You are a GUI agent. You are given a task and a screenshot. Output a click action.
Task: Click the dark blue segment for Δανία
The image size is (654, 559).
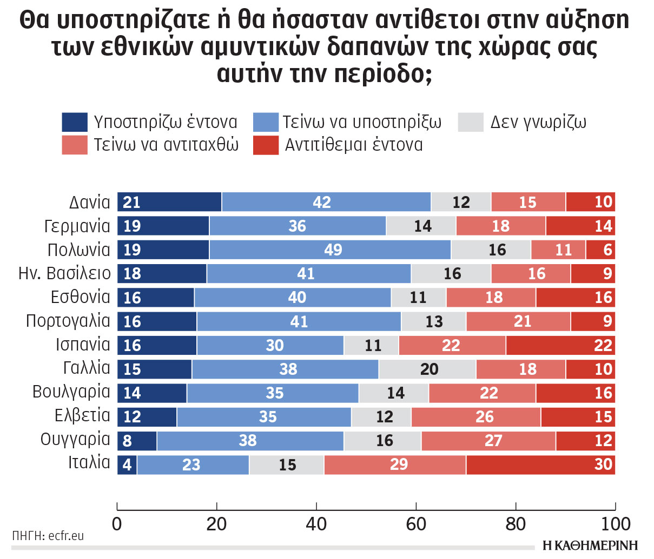click(x=169, y=202)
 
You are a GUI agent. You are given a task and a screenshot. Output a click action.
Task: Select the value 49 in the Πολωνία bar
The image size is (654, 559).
click(x=333, y=250)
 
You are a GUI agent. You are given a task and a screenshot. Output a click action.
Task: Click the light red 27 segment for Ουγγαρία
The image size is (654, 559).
click(x=488, y=441)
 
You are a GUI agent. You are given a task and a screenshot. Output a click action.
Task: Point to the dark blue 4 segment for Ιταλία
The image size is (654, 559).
click(x=127, y=464)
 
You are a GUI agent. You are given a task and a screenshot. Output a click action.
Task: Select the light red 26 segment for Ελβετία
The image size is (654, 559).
click(x=476, y=417)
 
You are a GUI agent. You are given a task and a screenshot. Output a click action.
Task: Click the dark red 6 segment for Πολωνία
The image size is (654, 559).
click(x=600, y=250)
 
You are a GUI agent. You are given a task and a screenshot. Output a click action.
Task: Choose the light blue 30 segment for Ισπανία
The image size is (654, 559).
click(x=270, y=345)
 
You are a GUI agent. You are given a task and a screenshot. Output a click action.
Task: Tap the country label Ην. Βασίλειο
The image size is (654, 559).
click(x=64, y=273)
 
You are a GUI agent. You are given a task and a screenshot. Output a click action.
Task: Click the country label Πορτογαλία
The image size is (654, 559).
click(x=68, y=321)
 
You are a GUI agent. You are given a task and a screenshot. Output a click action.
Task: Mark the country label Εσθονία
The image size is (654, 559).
click(x=81, y=297)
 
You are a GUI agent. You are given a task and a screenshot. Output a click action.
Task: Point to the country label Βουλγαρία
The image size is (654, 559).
click(x=71, y=392)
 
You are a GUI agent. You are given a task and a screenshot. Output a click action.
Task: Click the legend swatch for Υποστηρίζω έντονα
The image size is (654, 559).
click(x=75, y=123)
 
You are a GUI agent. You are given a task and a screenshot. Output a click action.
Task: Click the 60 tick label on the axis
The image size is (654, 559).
click(x=416, y=524)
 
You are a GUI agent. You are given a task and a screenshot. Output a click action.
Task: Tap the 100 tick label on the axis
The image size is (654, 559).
click(x=616, y=524)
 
